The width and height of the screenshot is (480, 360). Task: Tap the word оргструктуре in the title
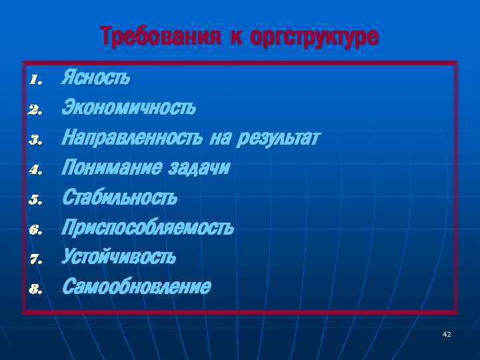pos(314,37)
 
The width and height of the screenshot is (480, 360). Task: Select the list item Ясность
pos(96,79)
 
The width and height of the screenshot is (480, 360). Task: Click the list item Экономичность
pos(129,107)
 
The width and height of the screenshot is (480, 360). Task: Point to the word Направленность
pos(131,138)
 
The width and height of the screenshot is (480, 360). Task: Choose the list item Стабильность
pos(119,198)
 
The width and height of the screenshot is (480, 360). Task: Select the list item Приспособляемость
pos(147,228)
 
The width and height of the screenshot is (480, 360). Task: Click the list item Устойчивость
pos(119,257)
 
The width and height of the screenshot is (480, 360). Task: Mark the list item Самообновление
pos(136,287)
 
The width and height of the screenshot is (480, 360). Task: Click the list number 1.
pos(36,81)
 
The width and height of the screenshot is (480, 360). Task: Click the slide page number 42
pos(447,334)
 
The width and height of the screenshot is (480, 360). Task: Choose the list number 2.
pos(36,110)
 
